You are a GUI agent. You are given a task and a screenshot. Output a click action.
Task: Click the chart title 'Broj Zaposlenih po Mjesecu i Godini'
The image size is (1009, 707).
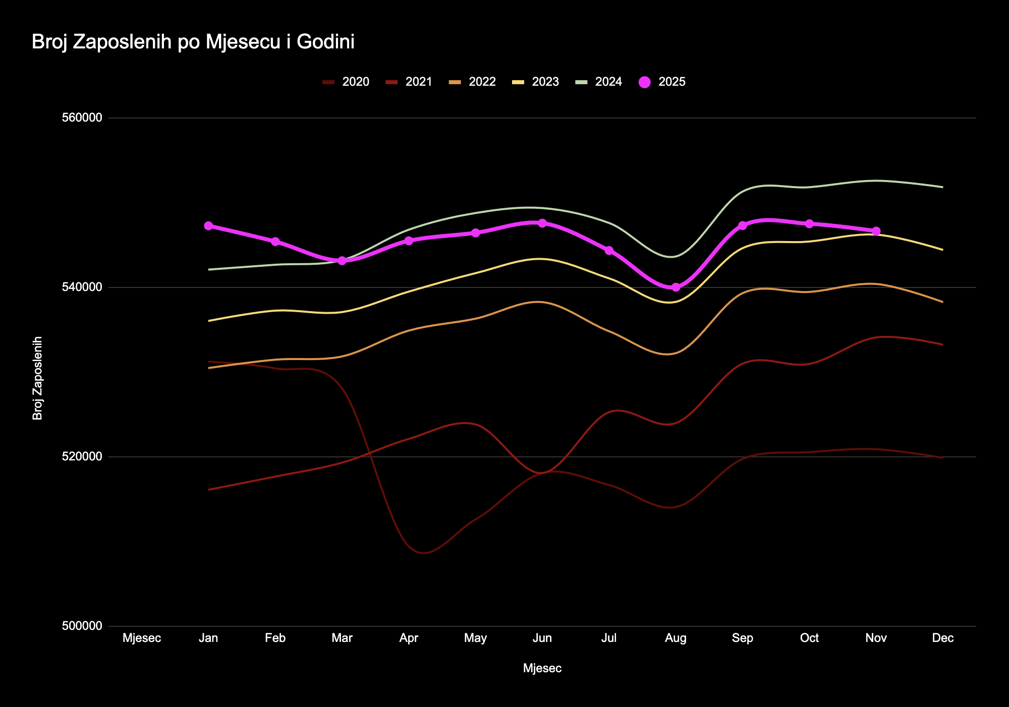(193, 42)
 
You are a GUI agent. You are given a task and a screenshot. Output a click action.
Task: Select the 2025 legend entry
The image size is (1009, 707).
(662, 82)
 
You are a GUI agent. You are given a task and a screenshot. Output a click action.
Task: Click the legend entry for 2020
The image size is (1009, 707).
(346, 82)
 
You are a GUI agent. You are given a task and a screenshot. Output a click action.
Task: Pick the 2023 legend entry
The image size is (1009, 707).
(536, 82)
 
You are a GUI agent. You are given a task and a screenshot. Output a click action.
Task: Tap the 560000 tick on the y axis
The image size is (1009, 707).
(82, 118)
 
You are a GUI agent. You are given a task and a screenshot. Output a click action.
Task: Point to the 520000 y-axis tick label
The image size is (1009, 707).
(82, 457)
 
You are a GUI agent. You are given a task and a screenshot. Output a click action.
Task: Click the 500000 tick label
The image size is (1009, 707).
(82, 626)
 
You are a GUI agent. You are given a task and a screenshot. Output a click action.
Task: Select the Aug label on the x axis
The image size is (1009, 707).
(676, 638)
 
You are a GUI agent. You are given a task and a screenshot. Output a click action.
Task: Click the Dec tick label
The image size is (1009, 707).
(942, 638)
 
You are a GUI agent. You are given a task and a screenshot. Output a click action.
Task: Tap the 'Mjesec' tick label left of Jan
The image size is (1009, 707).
(142, 638)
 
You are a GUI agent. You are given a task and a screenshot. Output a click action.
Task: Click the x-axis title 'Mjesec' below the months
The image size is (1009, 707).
(542, 669)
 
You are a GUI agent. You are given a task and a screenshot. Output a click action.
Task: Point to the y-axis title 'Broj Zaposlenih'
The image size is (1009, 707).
(38, 378)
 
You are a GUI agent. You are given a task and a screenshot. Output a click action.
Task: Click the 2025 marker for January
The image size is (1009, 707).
(208, 226)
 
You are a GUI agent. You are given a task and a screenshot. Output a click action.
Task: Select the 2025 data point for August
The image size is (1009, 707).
(676, 287)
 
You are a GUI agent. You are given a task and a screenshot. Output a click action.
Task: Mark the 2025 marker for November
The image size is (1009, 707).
(876, 231)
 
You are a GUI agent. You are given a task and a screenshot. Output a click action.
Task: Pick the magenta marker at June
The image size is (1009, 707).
(542, 223)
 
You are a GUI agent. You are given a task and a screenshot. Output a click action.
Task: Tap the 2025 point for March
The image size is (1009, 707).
(342, 261)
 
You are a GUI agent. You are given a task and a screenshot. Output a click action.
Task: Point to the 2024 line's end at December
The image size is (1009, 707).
(942, 187)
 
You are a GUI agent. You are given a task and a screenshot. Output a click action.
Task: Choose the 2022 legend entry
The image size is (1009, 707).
(473, 82)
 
